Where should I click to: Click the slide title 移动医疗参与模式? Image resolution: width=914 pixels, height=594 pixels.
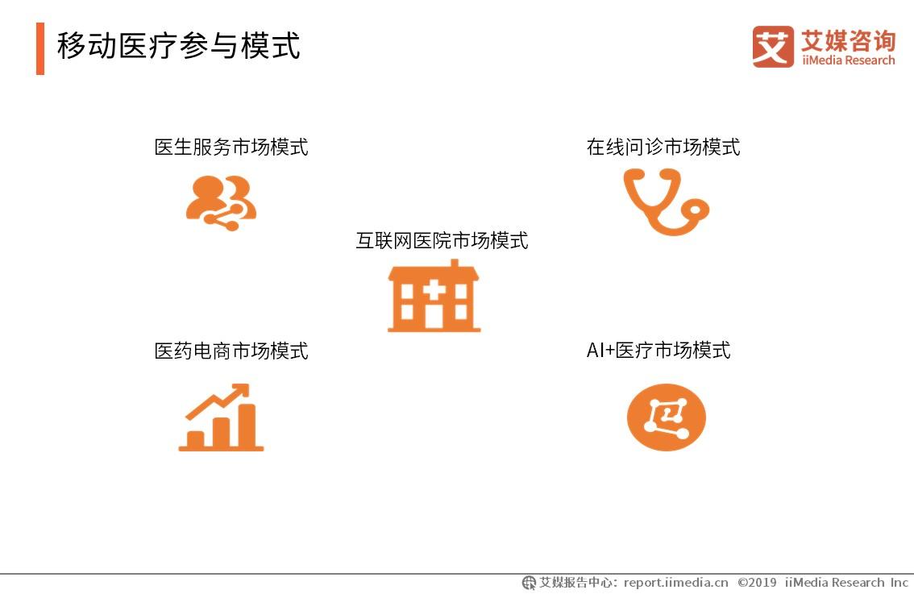click(x=178, y=46)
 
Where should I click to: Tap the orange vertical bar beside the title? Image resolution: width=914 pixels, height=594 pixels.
click(x=40, y=48)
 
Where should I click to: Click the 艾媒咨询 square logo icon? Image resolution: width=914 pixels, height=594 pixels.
click(x=772, y=46)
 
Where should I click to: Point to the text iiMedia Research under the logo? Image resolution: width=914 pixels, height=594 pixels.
click(x=848, y=60)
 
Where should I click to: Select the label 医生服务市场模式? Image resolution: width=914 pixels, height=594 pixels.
click(x=231, y=147)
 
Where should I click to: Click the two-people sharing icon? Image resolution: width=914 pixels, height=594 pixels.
click(x=221, y=202)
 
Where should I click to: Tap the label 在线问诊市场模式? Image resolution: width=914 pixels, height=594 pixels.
click(x=663, y=147)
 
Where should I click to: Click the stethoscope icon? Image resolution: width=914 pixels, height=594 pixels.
click(x=664, y=201)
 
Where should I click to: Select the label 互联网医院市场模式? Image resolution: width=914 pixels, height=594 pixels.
click(x=442, y=241)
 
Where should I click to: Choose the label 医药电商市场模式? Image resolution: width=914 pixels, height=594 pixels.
click(x=231, y=351)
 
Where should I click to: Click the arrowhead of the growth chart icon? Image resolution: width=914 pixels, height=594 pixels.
click(x=239, y=393)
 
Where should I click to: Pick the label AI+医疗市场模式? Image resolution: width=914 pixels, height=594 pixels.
click(x=658, y=351)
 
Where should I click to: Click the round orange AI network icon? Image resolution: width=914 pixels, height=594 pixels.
click(x=666, y=417)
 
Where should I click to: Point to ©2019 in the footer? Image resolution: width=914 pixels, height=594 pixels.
click(x=756, y=583)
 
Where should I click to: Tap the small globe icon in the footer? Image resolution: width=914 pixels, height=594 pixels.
click(x=529, y=583)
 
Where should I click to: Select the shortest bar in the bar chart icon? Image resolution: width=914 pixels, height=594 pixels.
click(x=196, y=439)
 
